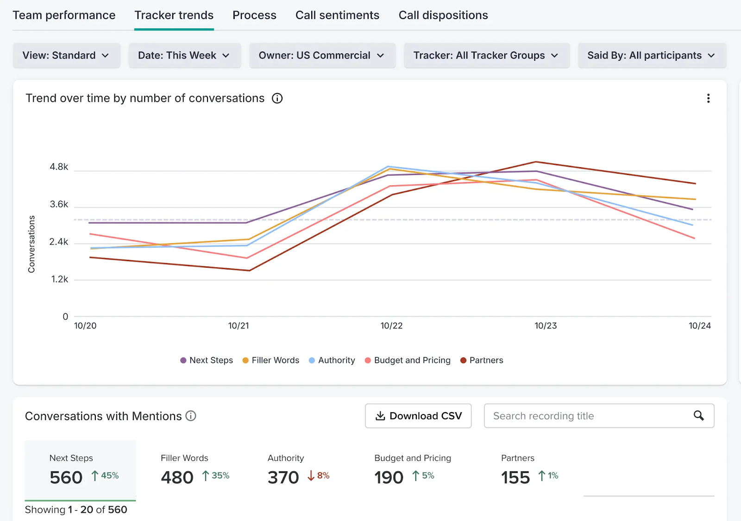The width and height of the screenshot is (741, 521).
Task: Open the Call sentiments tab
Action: coord(337,15)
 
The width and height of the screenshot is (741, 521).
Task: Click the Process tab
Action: coord(254,15)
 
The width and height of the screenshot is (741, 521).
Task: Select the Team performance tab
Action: coord(64,15)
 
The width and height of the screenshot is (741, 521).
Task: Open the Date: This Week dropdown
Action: coord(185,55)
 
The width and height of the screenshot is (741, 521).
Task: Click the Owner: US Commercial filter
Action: coord(322,55)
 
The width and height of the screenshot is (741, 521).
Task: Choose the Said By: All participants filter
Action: coord(652,55)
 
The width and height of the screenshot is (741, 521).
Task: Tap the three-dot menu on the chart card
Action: coord(708,98)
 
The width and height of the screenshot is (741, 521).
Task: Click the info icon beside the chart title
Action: coord(277,98)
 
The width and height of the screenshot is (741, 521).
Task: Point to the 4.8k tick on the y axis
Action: coord(59,167)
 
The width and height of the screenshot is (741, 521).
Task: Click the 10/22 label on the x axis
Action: coord(391,326)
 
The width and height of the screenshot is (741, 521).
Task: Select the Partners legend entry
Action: coord(482,360)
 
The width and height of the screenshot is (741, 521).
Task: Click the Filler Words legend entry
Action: coord(270,360)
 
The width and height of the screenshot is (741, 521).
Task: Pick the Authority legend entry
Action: coord(332,360)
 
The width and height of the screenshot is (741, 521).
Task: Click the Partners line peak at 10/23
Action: coord(536,162)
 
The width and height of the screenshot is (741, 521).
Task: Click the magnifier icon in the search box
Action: coord(698,415)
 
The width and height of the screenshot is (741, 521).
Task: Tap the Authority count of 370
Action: coord(283,477)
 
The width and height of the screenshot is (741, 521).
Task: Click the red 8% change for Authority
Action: coord(319,476)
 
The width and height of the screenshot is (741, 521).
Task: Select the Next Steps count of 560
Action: coord(66,477)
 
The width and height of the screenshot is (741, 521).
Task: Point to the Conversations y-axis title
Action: coord(31,244)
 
